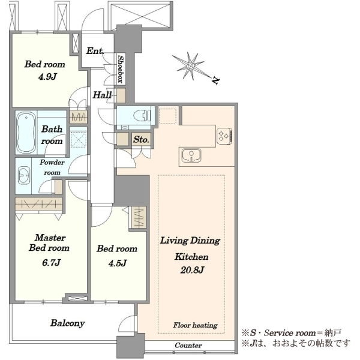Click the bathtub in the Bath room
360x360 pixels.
tap(26, 133)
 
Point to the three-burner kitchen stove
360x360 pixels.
tap(224, 136)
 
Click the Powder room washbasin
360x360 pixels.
tap(24, 175)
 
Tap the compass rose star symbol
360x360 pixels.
tap(190, 66)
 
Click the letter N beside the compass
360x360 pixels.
tap(215, 80)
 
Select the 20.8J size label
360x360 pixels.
tap(192, 270)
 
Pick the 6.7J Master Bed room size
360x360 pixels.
tap(51, 262)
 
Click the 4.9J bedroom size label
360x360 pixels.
tap(47, 76)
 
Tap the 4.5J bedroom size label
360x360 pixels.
tap(118, 263)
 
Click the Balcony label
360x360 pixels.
tap(67, 323)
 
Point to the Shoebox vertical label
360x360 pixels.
tap(121, 69)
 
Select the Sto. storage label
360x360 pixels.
tap(141, 139)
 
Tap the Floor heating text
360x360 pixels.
tap(195, 325)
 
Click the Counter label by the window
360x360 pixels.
tap(188, 345)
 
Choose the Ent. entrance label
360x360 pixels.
tap(95, 51)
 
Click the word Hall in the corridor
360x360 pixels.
tap(102, 95)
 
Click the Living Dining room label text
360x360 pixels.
tap(190, 241)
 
